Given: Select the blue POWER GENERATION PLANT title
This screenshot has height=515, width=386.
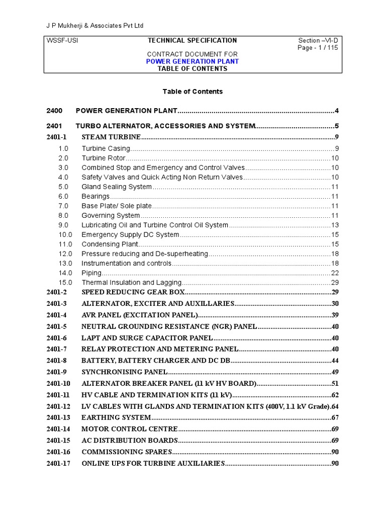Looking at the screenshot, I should (x=192, y=61).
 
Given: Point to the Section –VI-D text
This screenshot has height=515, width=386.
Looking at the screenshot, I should (x=319, y=40).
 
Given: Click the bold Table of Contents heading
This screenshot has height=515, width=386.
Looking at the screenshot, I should (x=192, y=92).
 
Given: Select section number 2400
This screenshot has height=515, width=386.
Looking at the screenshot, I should (x=54, y=111).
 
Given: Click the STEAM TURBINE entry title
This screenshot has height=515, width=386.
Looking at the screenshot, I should (x=111, y=137).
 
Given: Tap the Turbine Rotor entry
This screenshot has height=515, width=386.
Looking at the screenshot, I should (x=104, y=158).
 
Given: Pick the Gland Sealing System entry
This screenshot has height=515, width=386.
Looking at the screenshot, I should (x=117, y=187).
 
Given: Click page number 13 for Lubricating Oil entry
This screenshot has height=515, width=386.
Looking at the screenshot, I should (x=335, y=225).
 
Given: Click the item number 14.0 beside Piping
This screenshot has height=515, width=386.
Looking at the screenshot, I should (x=65, y=273).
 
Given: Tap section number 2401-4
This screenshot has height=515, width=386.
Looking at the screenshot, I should (x=57, y=315).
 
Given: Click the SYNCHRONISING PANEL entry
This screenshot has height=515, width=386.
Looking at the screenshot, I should (x=124, y=372).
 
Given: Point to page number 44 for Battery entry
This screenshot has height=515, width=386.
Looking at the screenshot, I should (x=335, y=361).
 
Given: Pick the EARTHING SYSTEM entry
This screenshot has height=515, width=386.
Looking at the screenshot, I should (x=116, y=417).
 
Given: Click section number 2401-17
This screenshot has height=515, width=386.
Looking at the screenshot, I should (x=58, y=463).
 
